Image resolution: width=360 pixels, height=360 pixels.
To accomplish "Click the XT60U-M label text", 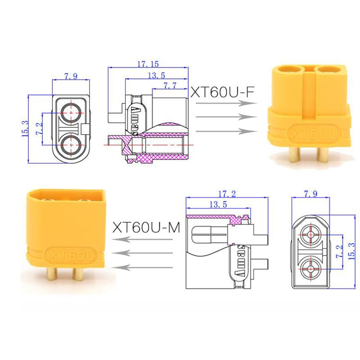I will click(146, 227).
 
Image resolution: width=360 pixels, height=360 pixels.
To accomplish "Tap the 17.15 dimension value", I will click(148, 64).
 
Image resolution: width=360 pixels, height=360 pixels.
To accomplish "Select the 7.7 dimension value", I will click(169, 85).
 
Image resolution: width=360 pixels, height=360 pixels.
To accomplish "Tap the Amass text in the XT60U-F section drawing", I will click(137, 119).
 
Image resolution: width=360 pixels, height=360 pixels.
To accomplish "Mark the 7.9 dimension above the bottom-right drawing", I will click(310, 194).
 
